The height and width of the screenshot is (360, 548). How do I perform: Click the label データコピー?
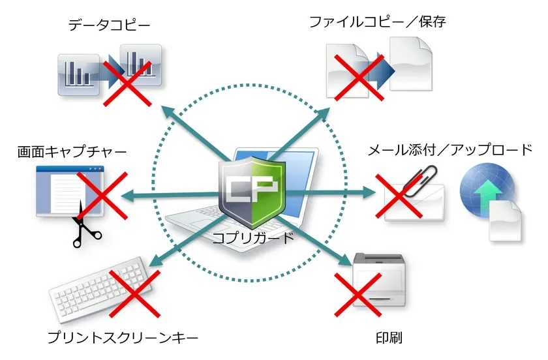point(109,25)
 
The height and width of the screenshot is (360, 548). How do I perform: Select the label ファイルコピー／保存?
point(378,22)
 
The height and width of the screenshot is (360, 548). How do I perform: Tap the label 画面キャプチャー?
point(72,151)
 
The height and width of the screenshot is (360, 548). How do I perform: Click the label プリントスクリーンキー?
point(123,338)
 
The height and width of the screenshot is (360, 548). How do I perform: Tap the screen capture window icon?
point(69,192)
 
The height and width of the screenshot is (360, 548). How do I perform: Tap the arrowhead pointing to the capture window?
point(126,194)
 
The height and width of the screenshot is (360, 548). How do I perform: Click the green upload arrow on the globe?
point(487,190)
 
